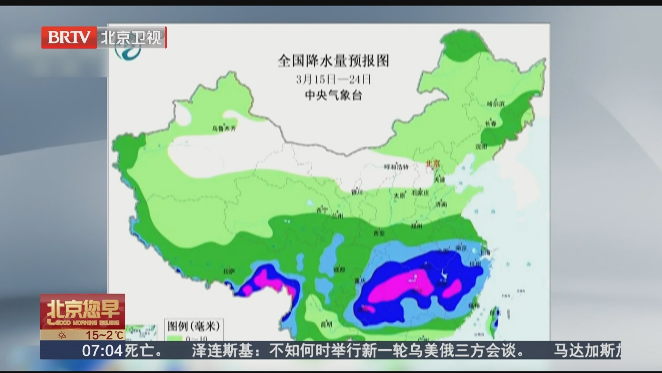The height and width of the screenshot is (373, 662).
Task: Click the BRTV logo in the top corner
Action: [69, 37]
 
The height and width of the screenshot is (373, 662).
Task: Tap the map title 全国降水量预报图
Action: [333, 61]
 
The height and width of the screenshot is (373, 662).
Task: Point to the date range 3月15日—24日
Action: [333, 80]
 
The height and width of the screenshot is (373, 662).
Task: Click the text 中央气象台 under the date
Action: [333, 95]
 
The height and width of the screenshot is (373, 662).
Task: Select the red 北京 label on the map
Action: [433, 163]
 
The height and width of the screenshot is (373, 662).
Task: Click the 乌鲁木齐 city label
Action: [224, 128]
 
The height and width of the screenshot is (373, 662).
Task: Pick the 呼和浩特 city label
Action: [396, 167]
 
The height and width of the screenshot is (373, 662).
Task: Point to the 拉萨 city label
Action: [229, 272]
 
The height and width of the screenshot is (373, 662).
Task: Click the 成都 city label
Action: [339, 269]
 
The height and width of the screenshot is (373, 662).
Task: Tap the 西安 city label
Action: [379, 233]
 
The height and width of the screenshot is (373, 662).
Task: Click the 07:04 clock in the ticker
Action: [102, 351]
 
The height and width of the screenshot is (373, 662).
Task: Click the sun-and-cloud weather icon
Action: [62, 335]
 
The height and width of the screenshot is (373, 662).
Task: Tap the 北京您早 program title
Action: [83, 308]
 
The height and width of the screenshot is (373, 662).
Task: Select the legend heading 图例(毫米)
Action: [193, 326]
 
